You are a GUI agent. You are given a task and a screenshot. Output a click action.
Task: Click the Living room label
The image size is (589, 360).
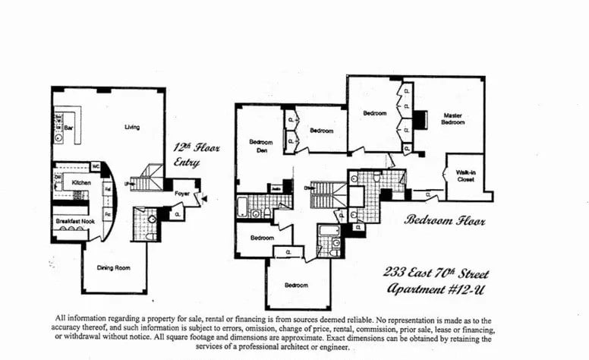click(x=132, y=127)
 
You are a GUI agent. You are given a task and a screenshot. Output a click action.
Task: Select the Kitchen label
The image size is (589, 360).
click(x=82, y=183)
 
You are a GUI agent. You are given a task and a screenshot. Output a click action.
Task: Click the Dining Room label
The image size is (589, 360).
click(x=112, y=267)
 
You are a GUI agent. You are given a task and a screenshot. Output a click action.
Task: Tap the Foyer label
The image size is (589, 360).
click(x=181, y=193)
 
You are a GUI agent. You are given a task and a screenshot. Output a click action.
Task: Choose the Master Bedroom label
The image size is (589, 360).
click(x=453, y=118)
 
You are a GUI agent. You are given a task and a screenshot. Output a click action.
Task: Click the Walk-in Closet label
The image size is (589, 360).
click(x=465, y=175)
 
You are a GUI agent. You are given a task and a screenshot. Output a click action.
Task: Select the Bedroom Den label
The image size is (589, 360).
click(x=260, y=146)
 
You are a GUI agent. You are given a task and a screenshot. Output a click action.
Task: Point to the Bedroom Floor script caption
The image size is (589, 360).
click(x=445, y=220)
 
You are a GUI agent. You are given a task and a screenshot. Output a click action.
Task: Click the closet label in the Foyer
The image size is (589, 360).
click(x=176, y=215)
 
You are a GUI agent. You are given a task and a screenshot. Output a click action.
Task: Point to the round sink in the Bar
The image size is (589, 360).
click(x=58, y=139)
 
